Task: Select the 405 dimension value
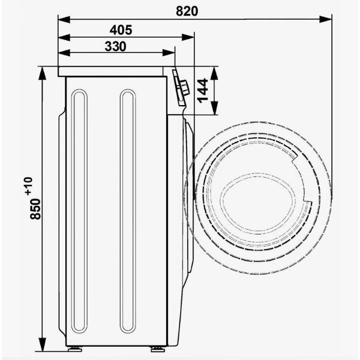121,29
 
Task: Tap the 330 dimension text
115,47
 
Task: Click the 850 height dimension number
35,208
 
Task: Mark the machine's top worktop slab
115,71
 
